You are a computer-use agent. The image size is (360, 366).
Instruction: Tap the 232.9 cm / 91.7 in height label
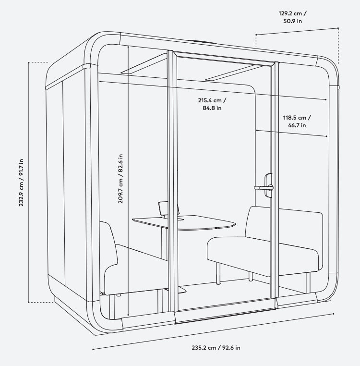[x=21, y=183]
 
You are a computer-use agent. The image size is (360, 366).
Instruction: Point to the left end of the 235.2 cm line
[x=93, y=349]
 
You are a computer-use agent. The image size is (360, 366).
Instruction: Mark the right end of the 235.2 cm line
[x=334, y=314]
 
